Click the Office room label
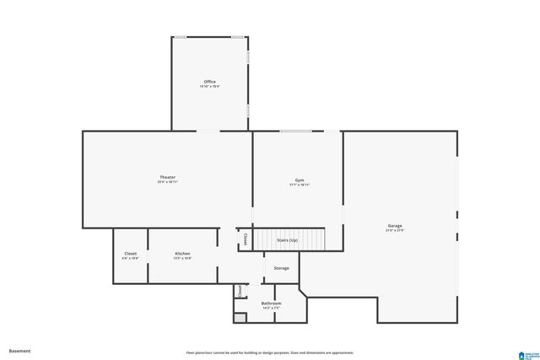coord(209,82)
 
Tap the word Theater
coord(167,177)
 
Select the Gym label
coord(300,180)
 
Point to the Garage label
coord(395,225)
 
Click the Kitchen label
coord(182,253)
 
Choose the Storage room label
coord(281,268)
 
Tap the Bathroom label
coord(271,303)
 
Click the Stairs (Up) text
coord(287,240)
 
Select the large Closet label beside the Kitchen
coord(131,253)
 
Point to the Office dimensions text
coord(209,87)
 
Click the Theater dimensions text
coord(167,182)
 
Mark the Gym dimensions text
coord(300,185)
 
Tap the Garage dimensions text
coord(395,230)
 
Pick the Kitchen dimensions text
coord(182,258)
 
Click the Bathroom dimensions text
coord(271,308)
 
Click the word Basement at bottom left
coord(19,351)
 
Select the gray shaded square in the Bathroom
coord(240,318)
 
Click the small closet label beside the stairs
coord(245,239)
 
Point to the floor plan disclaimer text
coord(270,352)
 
